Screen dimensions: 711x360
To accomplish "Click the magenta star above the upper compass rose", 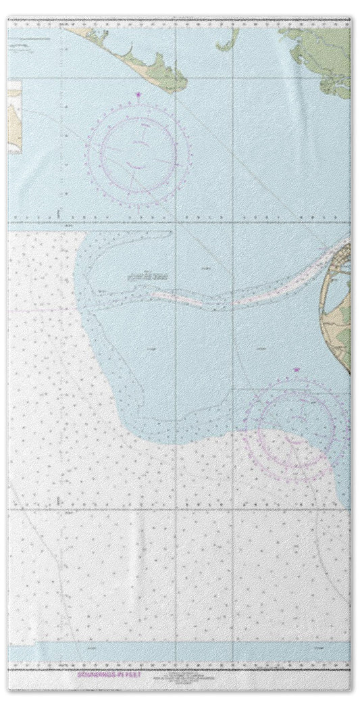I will tap(139, 94).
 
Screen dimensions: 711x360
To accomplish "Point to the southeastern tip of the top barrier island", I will tap(181, 85).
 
